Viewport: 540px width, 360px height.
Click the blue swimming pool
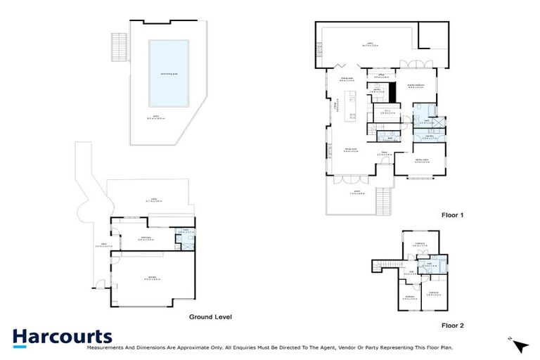169,72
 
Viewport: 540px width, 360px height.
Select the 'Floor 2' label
453,326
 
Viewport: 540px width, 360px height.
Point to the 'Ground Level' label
210,317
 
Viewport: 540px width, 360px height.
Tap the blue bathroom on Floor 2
429,266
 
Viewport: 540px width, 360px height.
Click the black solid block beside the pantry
392,91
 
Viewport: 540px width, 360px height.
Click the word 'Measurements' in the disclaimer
105,347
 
